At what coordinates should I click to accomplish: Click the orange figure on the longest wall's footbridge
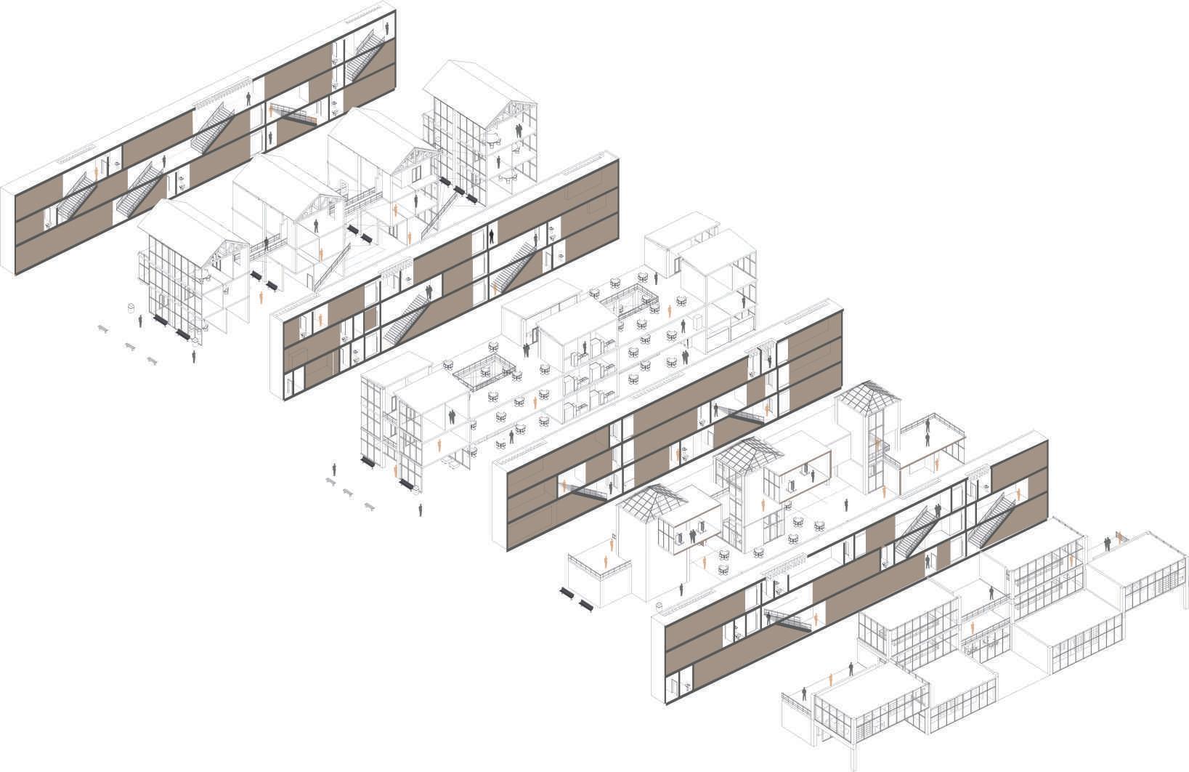click(272, 111)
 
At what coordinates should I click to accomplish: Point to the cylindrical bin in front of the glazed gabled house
click(131, 308)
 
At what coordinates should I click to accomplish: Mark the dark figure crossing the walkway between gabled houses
click(267, 245)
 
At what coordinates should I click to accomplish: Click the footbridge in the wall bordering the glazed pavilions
click(788, 619)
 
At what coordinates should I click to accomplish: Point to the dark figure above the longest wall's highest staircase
click(248, 97)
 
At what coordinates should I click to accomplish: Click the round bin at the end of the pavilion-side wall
click(660, 605)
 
